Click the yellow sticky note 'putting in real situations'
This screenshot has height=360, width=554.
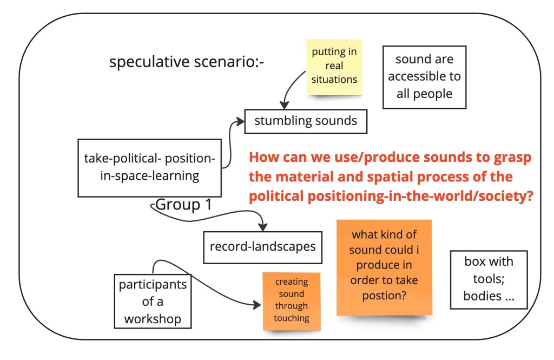(334, 66)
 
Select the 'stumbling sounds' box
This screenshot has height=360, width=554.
(306, 121)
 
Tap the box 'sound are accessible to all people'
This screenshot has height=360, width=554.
(424, 76)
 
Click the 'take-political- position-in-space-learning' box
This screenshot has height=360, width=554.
(149, 167)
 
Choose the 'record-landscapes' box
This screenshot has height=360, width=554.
(263, 247)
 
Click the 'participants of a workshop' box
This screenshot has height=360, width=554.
(153, 300)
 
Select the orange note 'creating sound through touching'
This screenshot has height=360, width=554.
(291, 300)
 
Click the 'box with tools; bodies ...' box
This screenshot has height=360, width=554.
(489, 279)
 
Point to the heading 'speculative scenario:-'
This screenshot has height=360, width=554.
(187, 63)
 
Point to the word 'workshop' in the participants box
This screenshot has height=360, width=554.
(153, 319)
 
